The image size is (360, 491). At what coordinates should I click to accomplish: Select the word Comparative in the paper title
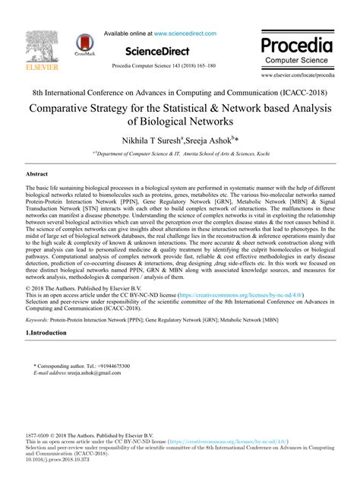point(67,107)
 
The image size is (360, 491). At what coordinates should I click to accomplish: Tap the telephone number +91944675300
point(108,366)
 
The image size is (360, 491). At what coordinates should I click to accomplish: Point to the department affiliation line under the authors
point(179,154)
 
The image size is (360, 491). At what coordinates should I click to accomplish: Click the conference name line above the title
point(179,90)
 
